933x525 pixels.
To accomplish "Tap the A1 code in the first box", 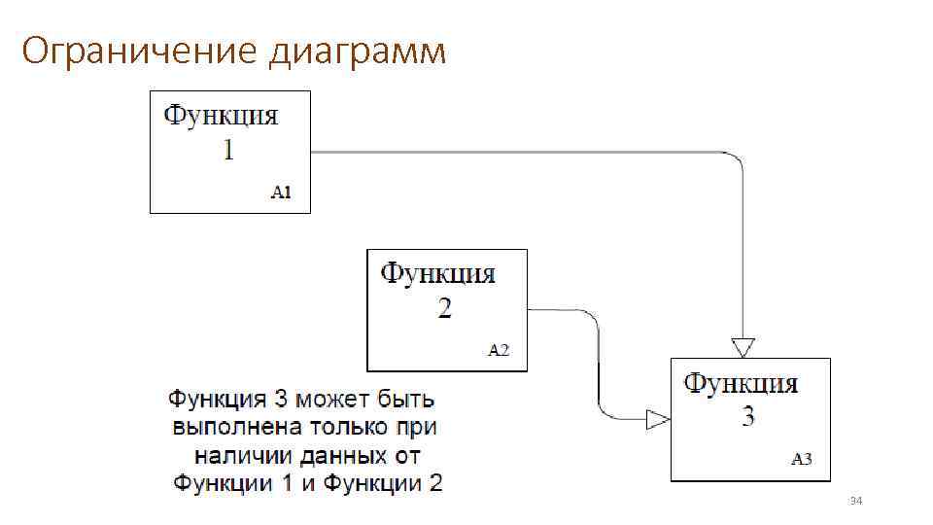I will [281, 192].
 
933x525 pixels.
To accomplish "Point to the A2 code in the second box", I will [498, 350].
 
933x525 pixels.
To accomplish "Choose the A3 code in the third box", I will [802, 460].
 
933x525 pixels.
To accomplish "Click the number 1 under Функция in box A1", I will [227, 151].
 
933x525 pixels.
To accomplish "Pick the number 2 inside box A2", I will [444, 309].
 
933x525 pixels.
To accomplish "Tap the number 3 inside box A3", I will [747, 418].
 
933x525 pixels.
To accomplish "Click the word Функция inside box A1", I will [221, 117].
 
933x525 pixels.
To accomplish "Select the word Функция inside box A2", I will [437, 274].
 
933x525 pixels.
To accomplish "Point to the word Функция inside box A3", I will [742, 384].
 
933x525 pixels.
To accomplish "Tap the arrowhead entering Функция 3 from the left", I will [658, 419].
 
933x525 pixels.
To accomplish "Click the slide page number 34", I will [856, 501].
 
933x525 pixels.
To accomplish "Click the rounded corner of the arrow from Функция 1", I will [736, 160].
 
